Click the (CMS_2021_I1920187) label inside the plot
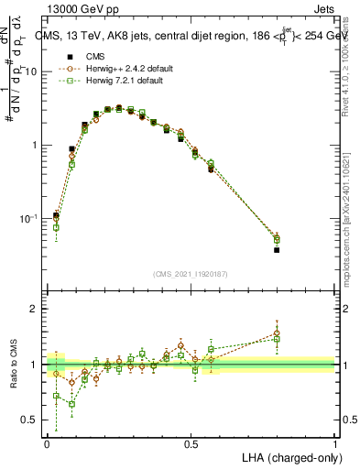tap(191, 274)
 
